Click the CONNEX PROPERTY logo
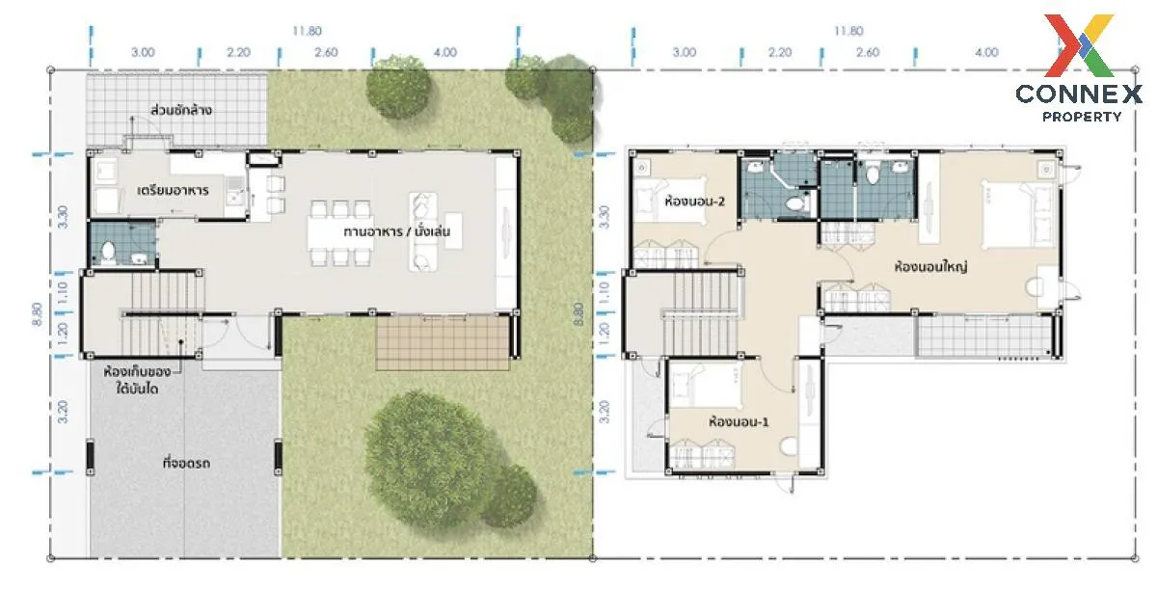pyautogui.click(x=1079, y=67)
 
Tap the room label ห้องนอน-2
pyautogui.click(x=695, y=201)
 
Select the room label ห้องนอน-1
pyautogui.click(x=739, y=421)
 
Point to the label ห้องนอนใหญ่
pyautogui.click(x=930, y=266)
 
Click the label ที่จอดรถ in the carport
pyautogui.click(x=186, y=463)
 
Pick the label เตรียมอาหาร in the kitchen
pyautogui.click(x=173, y=191)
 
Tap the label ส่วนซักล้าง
pyautogui.click(x=181, y=110)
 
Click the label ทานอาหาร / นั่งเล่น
pyautogui.click(x=396, y=231)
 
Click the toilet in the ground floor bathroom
pyautogui.click(x=108, y=253)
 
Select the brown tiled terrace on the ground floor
pyautogui.click(x=443, y=343)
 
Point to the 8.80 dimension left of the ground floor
pyautogui.click(x=38, y=314)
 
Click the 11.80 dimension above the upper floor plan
pyautogui.click(x=848, y=31)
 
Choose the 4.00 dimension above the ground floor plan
pyautogui.click(x=445, y=52)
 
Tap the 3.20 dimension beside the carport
pyautogui.click(x=63, y=412)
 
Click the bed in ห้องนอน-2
pyautogui.click(x=670, y=200)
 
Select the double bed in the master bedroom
pyautogui.click(x=1016, y=213)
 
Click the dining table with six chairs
pyautogui.click(x=340, y=233)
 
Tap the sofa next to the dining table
pyautogui.click(x=423, y=232)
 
